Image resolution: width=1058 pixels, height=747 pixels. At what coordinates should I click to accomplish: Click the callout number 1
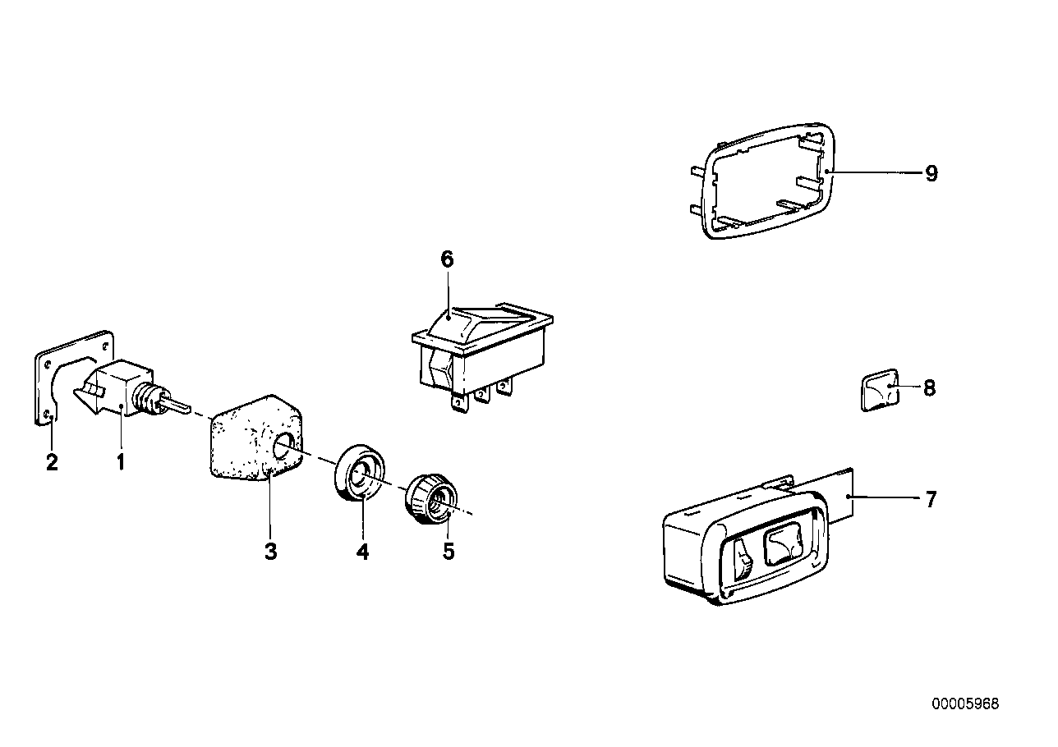121,462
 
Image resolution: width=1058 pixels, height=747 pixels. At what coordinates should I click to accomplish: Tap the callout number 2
52,462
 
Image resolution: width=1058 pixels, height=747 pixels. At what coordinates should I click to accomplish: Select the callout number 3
270,552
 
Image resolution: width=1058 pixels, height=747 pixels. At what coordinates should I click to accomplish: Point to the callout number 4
362,552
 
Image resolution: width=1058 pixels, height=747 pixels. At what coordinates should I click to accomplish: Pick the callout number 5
448,552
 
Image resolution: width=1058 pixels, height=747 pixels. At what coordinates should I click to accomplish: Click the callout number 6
447,260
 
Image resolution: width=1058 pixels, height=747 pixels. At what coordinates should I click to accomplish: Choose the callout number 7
930,498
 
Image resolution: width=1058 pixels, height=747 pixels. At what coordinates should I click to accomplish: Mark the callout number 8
929,387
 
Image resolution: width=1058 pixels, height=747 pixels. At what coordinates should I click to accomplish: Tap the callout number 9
931,174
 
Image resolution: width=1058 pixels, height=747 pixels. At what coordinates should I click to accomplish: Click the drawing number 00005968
965,704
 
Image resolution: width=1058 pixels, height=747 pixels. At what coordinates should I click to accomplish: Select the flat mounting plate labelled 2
45,386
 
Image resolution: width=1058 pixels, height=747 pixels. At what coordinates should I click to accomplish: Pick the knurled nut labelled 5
428,497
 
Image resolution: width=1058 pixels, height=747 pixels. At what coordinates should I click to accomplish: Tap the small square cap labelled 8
878,391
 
